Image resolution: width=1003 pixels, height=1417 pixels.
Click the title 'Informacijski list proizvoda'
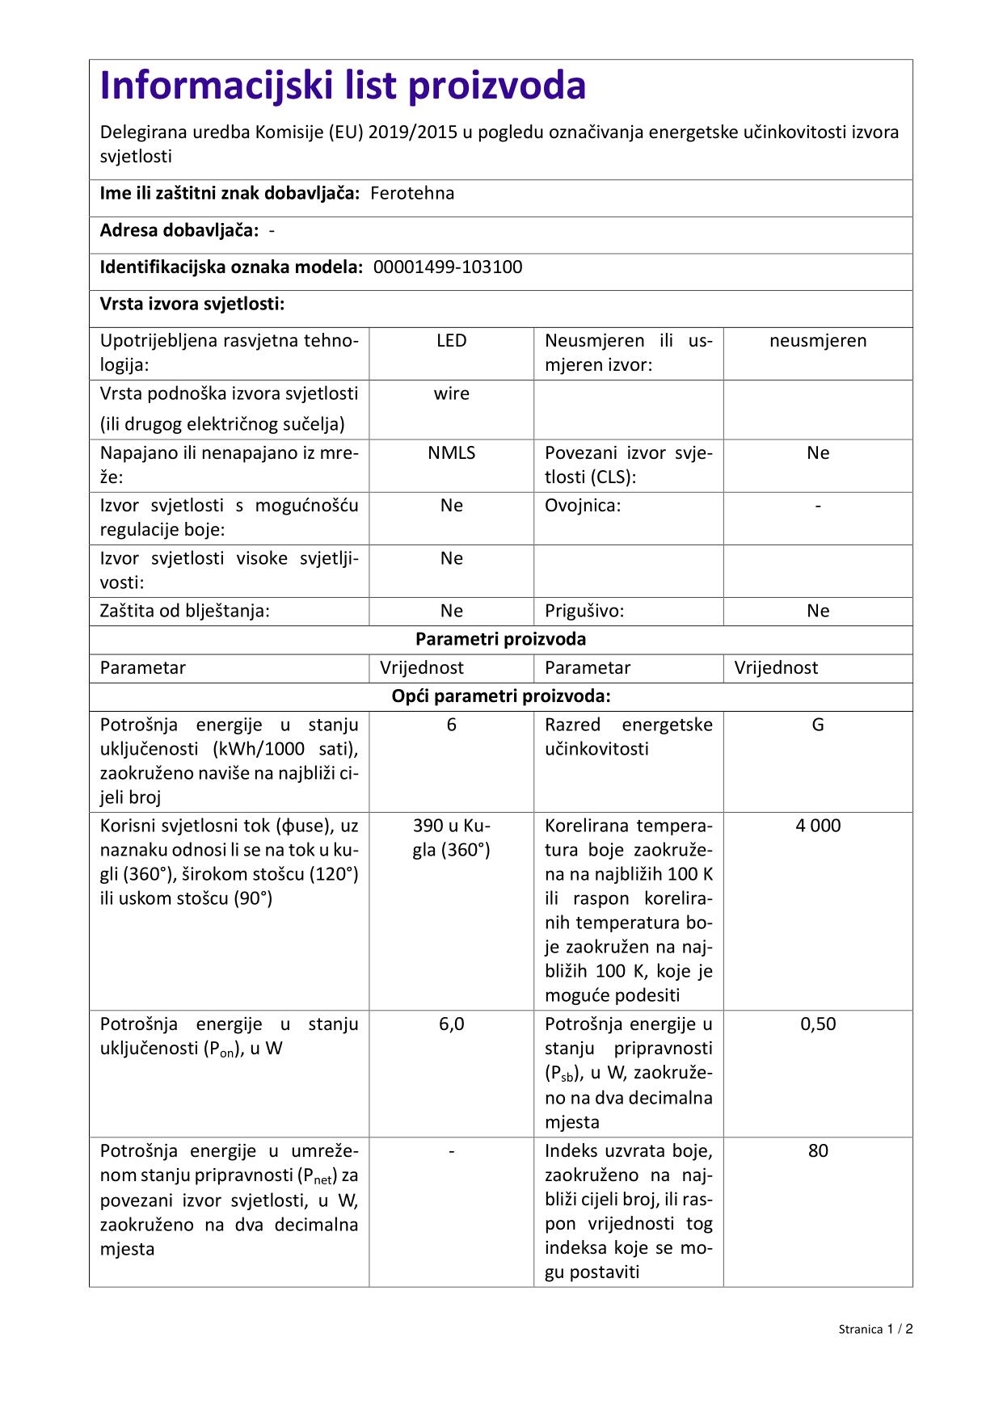pyautogui.click(x=343, y=86)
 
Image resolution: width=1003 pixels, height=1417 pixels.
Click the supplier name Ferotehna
pyautogui.click(x=412, y=193)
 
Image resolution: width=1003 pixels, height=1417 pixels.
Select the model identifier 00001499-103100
pyautogui.click(x=448, y=267)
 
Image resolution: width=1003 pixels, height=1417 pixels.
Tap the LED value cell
pyautogui.click(x=451, y=341)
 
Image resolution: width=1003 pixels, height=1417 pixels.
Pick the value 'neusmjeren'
pyautogui.click(x=818, y=341)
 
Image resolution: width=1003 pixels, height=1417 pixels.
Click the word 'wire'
pyautogui.click(x=451, y=394)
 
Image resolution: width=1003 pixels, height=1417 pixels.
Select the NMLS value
pyautogui.click(x=451, y=453)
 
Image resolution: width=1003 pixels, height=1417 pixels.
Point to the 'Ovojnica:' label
pyautogui.click(x=583, y=506)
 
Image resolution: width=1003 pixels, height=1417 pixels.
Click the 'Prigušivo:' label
pyautogui.click(x=584, y=611)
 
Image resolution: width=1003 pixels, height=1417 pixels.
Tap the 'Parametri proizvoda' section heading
pyautogui.click(x=500, y=639)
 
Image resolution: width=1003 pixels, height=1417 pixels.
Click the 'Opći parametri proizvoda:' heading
pyautogui.click(x=500, y=696)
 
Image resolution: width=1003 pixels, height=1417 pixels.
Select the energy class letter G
pyautogui.click(x=818, y=725)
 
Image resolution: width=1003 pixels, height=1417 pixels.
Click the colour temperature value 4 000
pyautogui.click(x=818, y=826)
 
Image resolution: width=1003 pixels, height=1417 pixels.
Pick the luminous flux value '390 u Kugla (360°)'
pyautogui.click(x=451, y=838)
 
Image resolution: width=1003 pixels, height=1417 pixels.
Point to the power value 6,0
pyautogui.click(x=451, y=1024)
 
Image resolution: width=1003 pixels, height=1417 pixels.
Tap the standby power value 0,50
pyautogui.click(x=818, y=1024)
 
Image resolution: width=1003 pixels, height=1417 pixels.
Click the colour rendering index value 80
pyautogui.click(x=818, y=1151)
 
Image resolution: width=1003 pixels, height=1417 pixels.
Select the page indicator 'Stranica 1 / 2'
pyautogui.click(x=875, y=1329)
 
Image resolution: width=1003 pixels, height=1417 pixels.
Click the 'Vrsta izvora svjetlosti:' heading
pyautogui.click(x=192, y=305)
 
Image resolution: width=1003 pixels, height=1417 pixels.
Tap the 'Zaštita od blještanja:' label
pyautogui.click(x=184, y=611)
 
